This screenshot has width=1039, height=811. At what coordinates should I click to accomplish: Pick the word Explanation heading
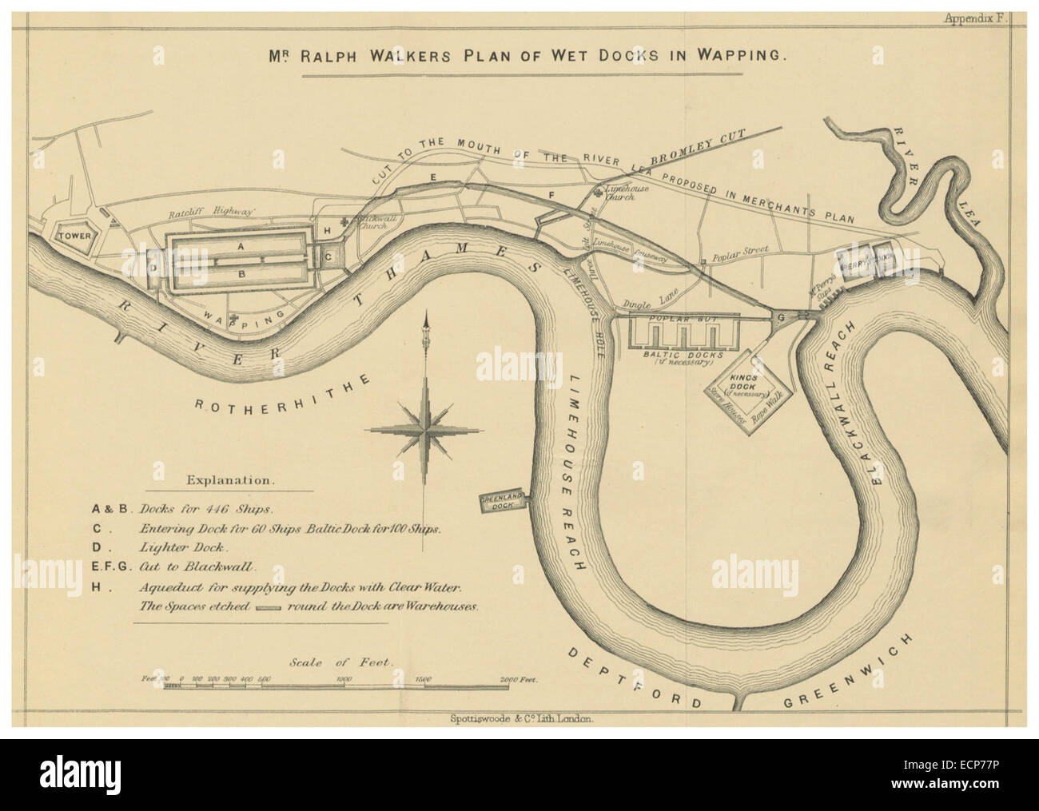tap(229, 481)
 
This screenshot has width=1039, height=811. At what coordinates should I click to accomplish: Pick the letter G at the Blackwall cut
tap(782, 317)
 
